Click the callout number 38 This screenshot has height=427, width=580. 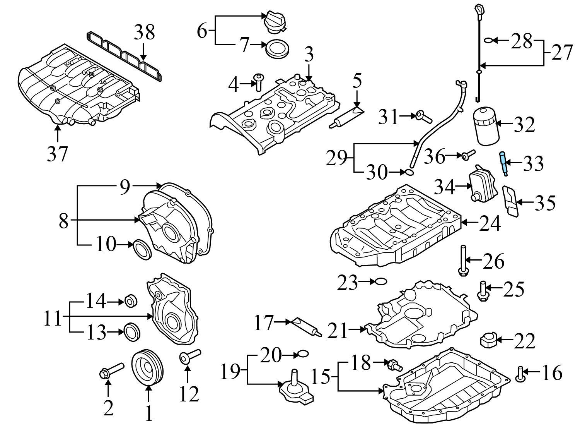(144, 33)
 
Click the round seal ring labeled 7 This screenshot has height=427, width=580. (277, 49)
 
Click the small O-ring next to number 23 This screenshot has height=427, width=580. (381, 281)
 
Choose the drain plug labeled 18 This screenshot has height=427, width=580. (394, 365)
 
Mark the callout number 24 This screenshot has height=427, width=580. (490, 223)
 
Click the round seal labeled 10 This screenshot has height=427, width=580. (142, 250)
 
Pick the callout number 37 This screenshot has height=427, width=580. (58, 154)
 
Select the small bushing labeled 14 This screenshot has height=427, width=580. (131, 301)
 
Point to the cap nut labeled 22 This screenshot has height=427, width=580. (488, 340)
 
